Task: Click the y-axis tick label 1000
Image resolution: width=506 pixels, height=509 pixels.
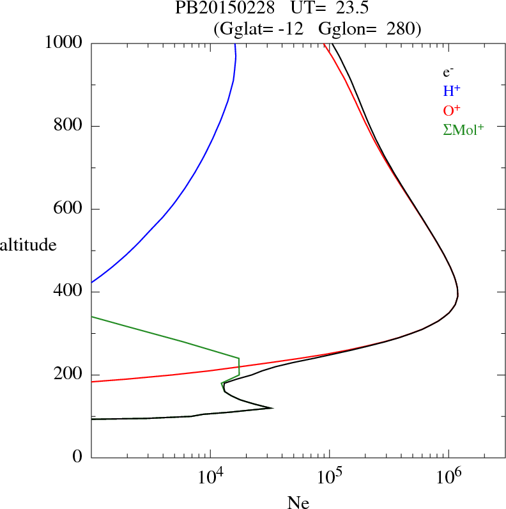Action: click(64, 43)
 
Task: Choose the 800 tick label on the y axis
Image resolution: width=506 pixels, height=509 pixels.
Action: click(69, 126)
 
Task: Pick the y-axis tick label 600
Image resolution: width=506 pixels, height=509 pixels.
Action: click(69, 209)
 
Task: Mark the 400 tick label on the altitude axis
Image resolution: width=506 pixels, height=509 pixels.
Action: click(69, 292)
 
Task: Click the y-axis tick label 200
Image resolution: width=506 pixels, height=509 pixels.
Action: click(69, 375)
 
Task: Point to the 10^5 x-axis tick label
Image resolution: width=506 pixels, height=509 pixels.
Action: click(330, 478)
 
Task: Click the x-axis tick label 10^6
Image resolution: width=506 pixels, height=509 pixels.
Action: click(448, 478)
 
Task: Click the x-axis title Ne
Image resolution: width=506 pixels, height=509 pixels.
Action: click(298, 503)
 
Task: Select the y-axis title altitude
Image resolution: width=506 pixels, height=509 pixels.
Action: click(28, 245)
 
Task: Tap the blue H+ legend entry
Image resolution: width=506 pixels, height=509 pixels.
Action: click(452, 91)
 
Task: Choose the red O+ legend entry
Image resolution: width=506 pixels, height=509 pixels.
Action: click(452, 111)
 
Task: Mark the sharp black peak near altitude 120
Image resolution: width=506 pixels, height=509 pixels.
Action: click(272, 408)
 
